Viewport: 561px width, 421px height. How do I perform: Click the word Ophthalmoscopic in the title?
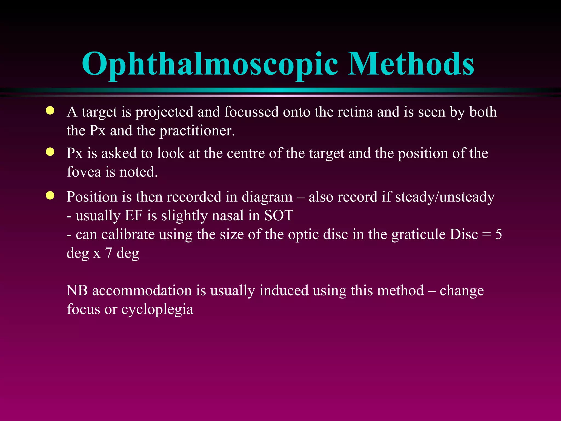[210, 64]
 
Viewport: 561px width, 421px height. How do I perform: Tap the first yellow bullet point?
[50, 111]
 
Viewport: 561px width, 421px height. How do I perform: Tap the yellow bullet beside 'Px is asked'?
[50, 152]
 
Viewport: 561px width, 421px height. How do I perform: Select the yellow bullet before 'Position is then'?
[50, 195]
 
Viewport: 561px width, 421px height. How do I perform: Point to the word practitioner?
[197, 131]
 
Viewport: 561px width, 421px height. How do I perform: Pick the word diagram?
[267, 197]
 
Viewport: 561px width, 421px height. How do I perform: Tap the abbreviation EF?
[134, 216]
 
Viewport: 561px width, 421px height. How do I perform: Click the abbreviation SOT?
[279, 216]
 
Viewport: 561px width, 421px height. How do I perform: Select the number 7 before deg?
[108, 253]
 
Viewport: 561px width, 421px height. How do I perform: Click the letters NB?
[77, 291]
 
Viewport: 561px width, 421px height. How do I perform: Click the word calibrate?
[115, 235]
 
